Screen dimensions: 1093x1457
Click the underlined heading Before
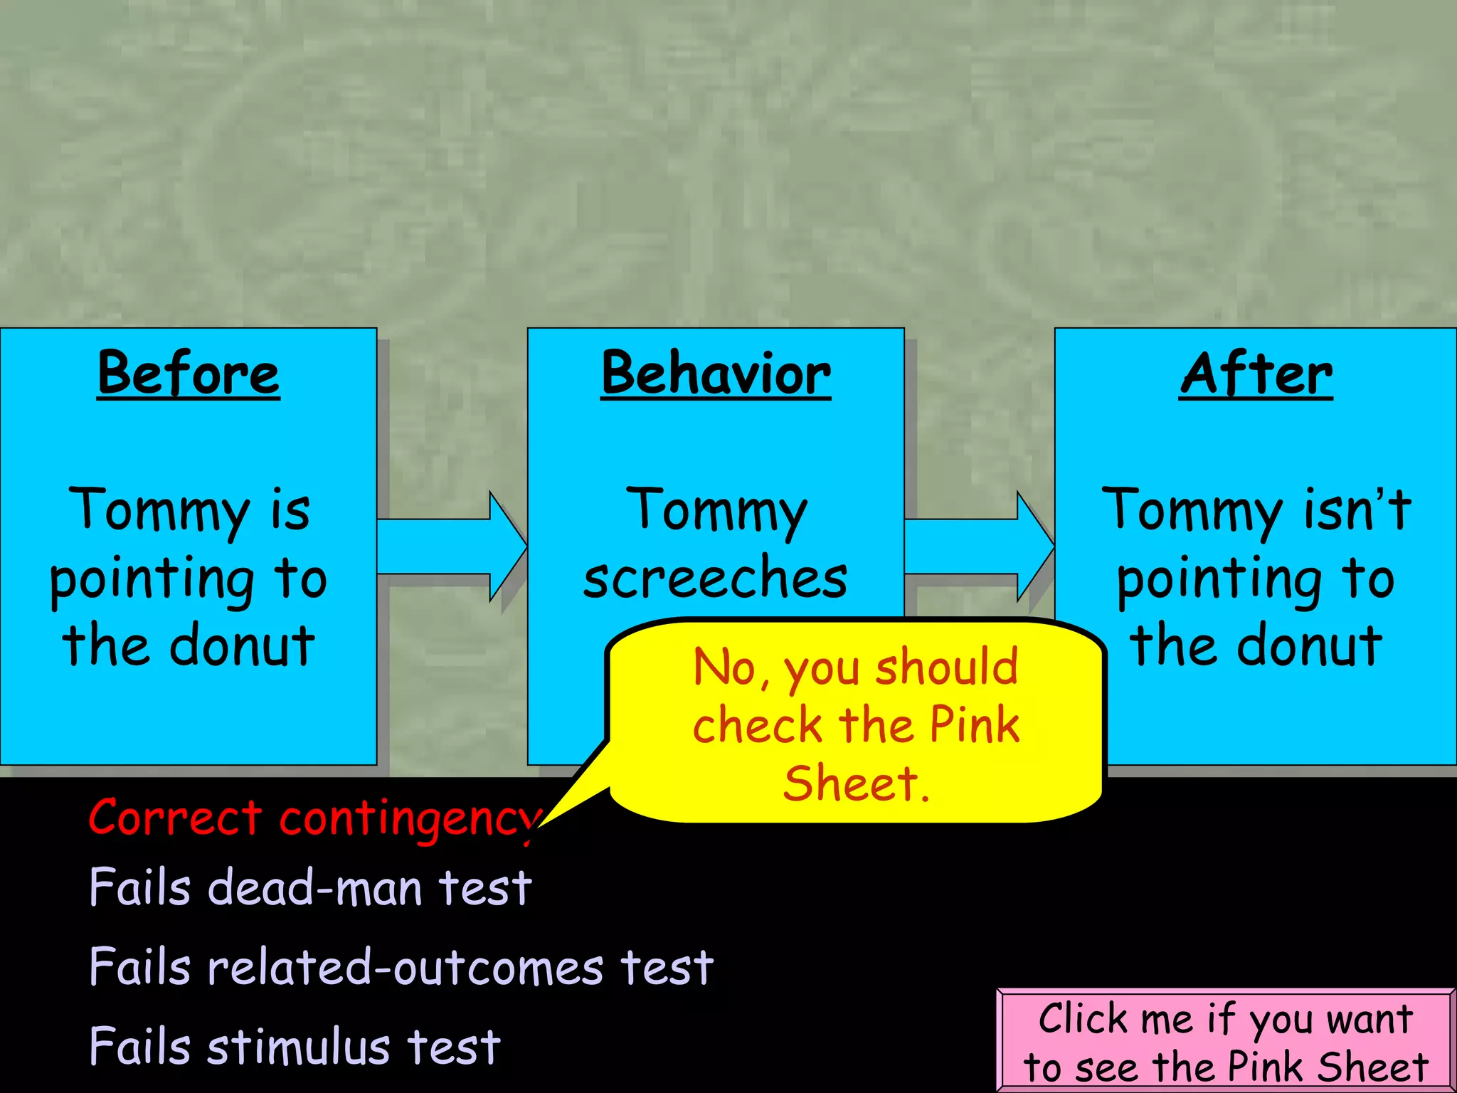(189, 374)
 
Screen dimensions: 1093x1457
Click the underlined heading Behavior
(716, 374)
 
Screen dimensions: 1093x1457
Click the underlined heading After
(1256, 374)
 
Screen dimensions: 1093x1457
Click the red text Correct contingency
(313, 818)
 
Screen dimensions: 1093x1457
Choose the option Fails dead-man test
(310, 888)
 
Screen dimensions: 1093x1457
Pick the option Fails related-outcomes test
(401, 967)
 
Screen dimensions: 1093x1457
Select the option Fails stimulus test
(295, 1047)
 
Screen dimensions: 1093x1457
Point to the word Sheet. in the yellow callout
(856, 784)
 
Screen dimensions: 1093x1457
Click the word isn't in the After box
(1357, 509)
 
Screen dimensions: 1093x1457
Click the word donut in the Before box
(242, 645)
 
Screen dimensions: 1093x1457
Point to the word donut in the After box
(1309, 645)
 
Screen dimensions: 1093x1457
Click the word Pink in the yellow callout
(975, 726)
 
